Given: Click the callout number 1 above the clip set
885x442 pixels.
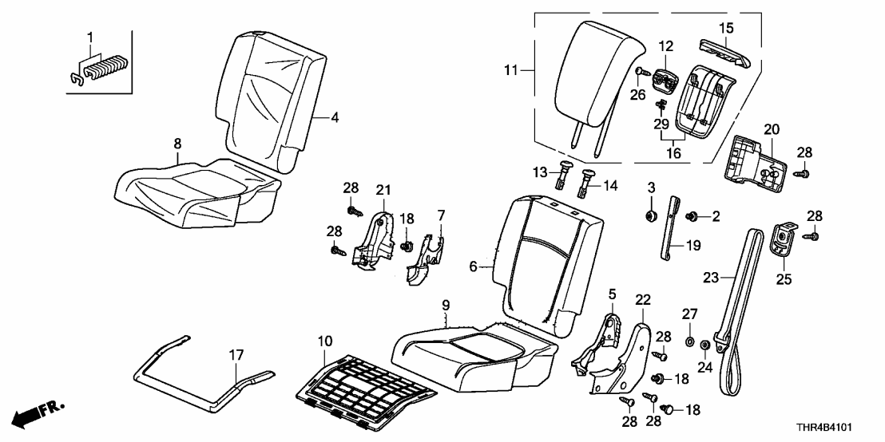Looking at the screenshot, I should coord(89,37).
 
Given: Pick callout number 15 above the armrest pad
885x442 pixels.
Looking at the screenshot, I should coord(725,28).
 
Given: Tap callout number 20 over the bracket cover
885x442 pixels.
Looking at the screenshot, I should coord(770,128).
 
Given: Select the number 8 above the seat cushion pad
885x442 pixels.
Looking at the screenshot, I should coord(177,144).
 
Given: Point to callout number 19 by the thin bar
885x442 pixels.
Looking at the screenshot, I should coord(692,247).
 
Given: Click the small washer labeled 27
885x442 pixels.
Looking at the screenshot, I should coord(689,342).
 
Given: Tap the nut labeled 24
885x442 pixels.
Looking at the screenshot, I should coord(706,345).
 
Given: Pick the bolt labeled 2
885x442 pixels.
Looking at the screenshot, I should coord(692,215).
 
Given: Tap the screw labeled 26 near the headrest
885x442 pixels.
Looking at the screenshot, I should coord(641,73).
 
